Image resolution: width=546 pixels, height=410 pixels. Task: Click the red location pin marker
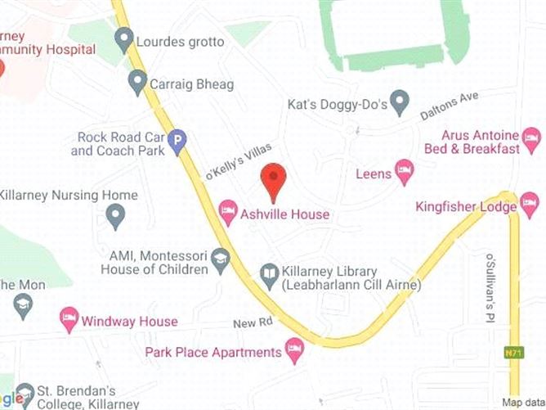[x=273, y=179]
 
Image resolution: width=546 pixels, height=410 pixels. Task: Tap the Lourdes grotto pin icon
[x=124, y=38]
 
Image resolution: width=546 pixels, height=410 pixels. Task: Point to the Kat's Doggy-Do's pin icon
[x=399, y=103]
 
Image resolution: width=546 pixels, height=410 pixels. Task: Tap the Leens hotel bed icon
[x=404, y=172]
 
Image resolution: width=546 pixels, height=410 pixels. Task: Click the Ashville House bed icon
[x=229, y=214]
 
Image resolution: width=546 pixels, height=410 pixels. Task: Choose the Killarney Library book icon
[x=269, y=277]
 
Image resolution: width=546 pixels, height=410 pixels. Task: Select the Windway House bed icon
[x=69, y=318]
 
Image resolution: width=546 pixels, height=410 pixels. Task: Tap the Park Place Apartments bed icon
[x=295, y=353]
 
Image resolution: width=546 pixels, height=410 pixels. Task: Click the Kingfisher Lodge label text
[x=466, y=207]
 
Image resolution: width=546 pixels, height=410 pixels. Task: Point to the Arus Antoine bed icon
[x=531, y=136]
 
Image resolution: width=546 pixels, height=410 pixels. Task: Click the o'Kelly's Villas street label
[x=237, y=162]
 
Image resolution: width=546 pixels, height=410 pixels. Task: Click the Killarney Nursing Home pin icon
[x=115, y=216]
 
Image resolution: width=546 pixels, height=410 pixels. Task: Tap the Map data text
[x=522, y=402]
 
